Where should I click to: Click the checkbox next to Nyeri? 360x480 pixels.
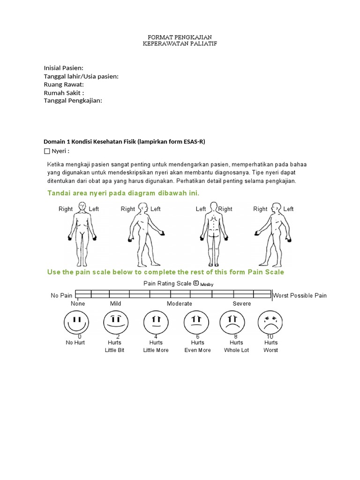pyautogui.click(x=46, y=151)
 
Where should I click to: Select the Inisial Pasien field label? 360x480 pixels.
pyautogui.click(x=63, y=68)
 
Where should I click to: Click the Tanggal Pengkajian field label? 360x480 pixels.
pyautogui.click(x=73, y=100)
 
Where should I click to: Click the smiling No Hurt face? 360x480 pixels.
pyautogui.click(x=75, y=322)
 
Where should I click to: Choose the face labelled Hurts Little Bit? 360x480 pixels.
pyautogui.click(x=115, y=322)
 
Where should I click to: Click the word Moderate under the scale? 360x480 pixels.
pyautogui.click(x=180, y=304)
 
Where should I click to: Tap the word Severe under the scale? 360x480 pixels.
pyautogui.click(x=242, y=304)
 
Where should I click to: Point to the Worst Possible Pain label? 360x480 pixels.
pyautogui.click(x=300, y=296)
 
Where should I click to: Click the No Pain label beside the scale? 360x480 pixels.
pyautogui.click(x=61, y=296)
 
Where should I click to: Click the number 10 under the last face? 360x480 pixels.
pyautogui.click(x=270, y=337)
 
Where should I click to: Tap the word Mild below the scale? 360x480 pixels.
pyautogui.click(x=115, y=304)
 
